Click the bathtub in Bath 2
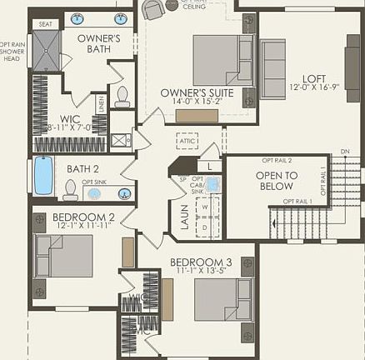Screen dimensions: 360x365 (43, 175)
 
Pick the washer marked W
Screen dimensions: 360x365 (203, 207)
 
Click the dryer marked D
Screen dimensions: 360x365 (203, 226)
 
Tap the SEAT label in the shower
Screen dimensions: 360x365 (46, 24)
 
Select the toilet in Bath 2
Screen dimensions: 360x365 (70, 191)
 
